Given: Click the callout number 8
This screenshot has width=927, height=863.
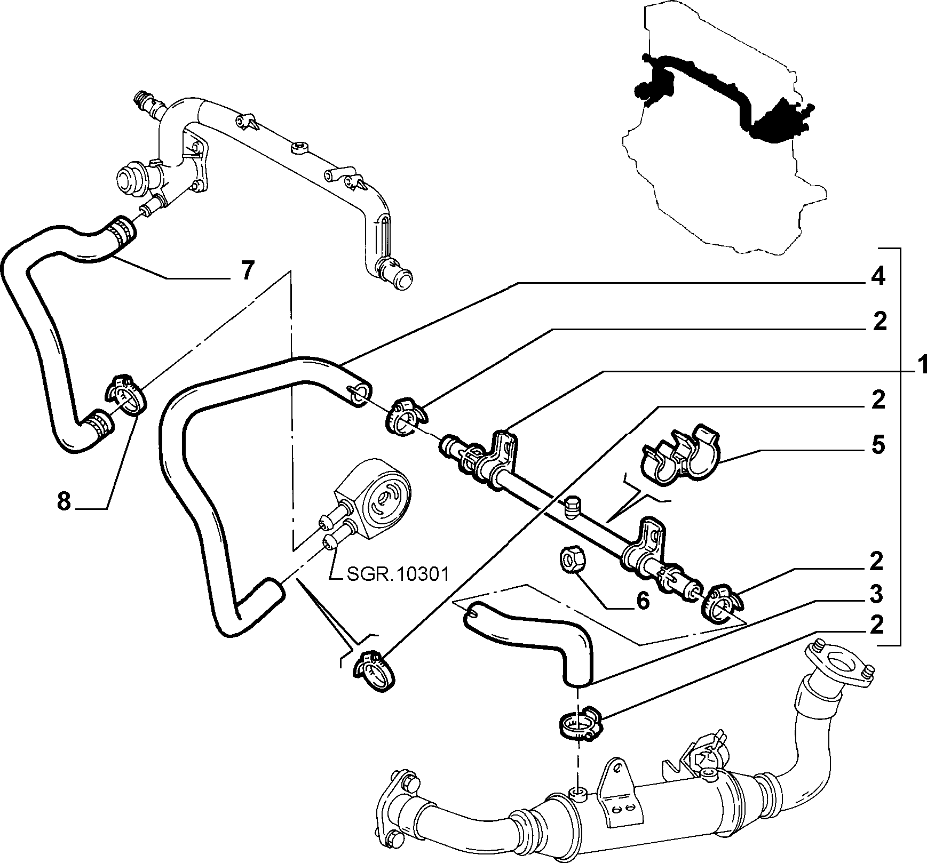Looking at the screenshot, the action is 64,501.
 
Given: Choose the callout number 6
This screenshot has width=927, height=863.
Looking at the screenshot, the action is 643,601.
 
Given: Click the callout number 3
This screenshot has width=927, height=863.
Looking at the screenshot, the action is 877,594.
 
